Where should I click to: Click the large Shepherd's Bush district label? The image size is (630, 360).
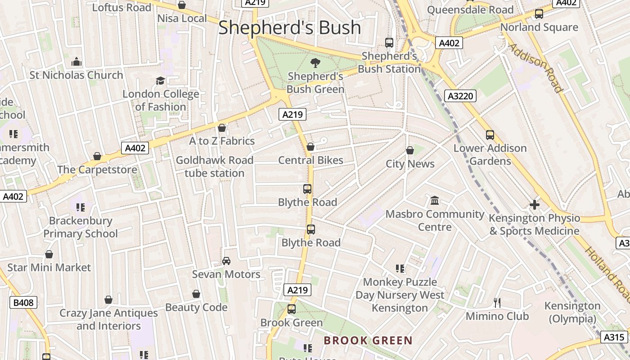pos(289,28)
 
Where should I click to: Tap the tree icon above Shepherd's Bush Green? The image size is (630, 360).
pos(315,63)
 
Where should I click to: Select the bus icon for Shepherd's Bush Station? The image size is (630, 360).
pos(389,43)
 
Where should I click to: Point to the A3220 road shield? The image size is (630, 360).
pos(460,95)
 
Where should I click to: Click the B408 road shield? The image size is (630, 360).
pos(23,302)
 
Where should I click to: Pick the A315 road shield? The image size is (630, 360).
pos(614,337)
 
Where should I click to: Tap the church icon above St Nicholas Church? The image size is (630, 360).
pos(76,62)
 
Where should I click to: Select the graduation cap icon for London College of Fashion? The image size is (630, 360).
pos(160,81)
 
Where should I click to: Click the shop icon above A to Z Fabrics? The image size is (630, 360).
pos(221,128)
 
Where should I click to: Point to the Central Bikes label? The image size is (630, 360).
pos(310,160)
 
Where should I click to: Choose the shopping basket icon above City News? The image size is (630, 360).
pos(410,150)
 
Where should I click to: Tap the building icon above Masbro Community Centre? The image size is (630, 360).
pos(435,200)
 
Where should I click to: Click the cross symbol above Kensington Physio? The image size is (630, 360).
pos(535,205)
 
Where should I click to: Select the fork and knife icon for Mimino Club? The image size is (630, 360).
pos(497,302)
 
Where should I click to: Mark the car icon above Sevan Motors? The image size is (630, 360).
pos(226,261)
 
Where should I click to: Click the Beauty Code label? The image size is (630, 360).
pos(196,307)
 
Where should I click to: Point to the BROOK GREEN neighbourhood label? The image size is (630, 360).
pos(368,340)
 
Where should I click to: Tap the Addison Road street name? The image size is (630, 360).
pos(536,68)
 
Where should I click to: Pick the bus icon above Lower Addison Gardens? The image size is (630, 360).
pos(490,135)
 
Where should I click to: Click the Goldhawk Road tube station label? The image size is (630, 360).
pos(215,166)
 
